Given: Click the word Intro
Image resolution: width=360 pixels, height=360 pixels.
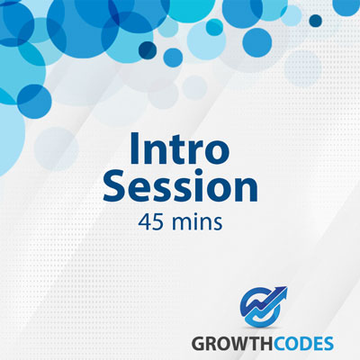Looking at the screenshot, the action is pyautogui.click(x=180, y=148).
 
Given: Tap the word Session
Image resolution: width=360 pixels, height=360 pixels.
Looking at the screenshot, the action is pyautogui.click(x=180, y=185).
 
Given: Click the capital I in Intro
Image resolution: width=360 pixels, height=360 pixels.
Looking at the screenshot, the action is pyautogui.click(x=134, y=148).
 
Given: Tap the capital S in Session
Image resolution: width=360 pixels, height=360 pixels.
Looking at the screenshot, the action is pyautogui.click(x=115, y=185).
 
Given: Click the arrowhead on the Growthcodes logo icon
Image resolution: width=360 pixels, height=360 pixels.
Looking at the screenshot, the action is pyautogui.click(x=282, y=292).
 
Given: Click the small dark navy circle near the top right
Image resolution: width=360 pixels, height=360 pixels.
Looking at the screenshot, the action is pyautogui.click(x=315, y=21).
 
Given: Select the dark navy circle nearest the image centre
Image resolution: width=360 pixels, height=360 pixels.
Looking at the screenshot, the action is pyautogui.click(x=148, y=50).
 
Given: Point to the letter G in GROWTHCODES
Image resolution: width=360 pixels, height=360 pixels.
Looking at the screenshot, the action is pyautogui.click(x=199, y=344).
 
